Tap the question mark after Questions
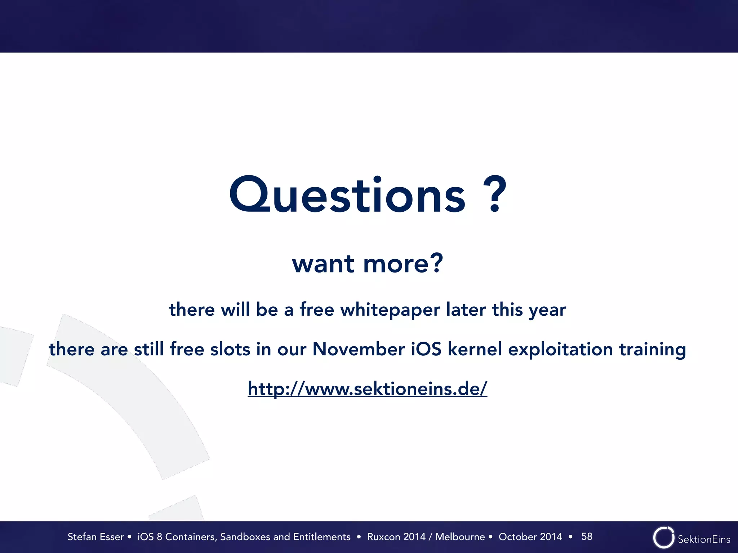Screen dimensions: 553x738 [495, 194]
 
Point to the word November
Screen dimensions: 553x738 [359, 349]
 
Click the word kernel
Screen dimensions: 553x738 [475, 349]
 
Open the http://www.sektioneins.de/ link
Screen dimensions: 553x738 [367, 389]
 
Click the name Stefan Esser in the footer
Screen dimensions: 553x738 [95, 537]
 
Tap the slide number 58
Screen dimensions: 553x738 [587, 536]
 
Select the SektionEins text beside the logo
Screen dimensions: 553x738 [704, 539]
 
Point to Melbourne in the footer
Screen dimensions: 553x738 [460, 537]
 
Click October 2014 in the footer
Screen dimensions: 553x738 [530, 537]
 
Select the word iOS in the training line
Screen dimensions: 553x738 [426, 349]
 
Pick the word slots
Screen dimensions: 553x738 [230, 349]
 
